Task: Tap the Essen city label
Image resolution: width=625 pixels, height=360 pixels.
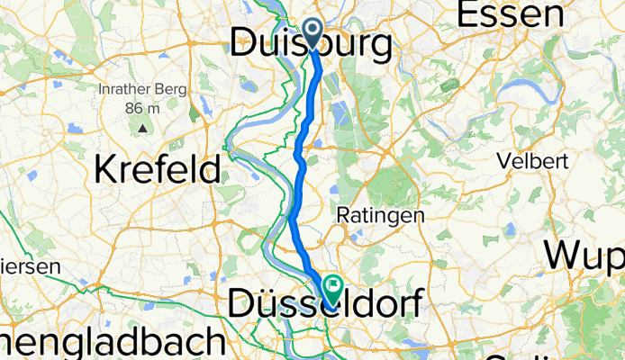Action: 512,13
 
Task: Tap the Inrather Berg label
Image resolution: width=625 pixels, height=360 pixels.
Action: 142,90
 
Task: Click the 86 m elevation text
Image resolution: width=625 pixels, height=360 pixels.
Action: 143,108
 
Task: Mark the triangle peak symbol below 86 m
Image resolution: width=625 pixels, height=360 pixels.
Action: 143,127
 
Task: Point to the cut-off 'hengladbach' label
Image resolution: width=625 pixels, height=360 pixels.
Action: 112,344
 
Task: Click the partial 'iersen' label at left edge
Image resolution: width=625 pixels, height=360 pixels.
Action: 30,266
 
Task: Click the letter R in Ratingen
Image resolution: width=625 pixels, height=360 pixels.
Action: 342,216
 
